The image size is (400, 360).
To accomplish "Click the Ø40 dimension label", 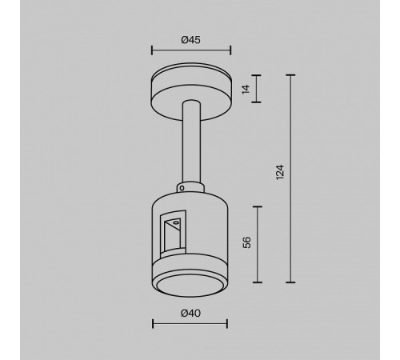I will point(190,314).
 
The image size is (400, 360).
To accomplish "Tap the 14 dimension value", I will point(246,90).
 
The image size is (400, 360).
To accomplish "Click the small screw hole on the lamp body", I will point(182,190).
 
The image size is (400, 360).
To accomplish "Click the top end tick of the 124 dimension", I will point(290,74).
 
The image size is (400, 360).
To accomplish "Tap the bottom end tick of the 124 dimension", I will point(290,282).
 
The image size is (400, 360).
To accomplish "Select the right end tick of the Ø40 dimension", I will point(227,325).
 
